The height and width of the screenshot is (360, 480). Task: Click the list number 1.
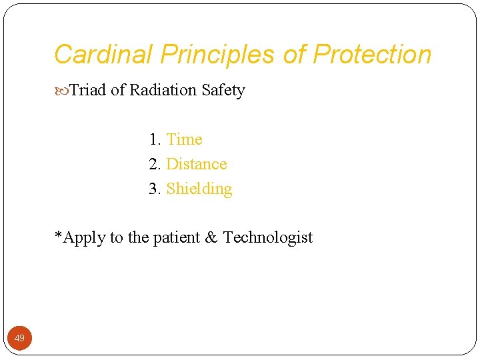[155, 139]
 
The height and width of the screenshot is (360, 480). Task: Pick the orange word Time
[184, 139]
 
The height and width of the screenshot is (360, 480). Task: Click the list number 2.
[155, 164]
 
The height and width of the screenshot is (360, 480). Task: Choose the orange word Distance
[197, 164]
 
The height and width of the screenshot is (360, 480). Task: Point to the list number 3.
[155, 189]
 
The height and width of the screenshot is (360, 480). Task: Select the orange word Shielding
[199, 189]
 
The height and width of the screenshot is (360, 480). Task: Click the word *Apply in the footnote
[78, 238]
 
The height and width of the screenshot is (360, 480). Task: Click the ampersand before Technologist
[211, 237]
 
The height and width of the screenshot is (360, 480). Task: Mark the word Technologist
[268, 238]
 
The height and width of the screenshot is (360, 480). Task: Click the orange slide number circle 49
[19, 338]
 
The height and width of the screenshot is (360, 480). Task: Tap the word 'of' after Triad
[118, 90]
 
